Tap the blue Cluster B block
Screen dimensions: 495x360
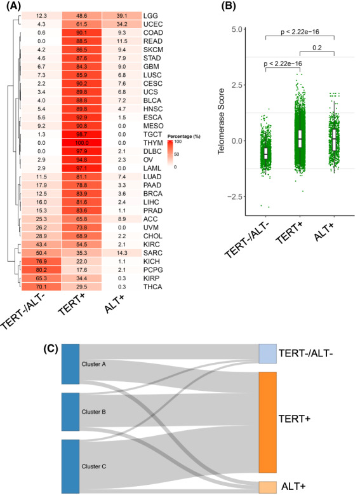(70, 412)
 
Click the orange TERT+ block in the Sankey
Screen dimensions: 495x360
(268, 423)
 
